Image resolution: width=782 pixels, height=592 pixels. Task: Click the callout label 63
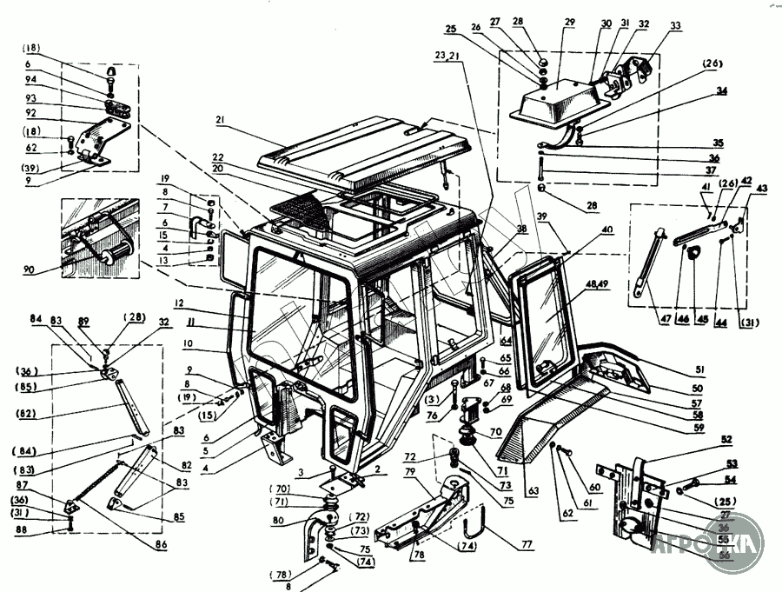533,492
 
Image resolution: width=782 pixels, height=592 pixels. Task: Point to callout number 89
83,322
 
